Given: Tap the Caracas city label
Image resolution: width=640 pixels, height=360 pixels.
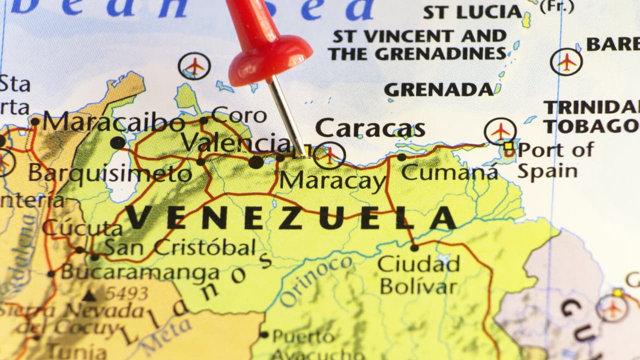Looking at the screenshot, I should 370,128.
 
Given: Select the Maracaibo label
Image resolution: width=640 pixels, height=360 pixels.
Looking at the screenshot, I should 113,122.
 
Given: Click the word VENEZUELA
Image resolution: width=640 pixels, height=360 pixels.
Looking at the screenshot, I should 290,218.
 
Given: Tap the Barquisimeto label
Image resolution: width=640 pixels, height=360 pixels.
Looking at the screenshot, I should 110,173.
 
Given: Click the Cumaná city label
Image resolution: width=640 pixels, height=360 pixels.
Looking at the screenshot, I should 449,172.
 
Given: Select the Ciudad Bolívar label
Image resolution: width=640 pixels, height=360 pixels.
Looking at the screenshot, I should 418,275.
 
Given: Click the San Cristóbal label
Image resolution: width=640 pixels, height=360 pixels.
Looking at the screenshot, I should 180,247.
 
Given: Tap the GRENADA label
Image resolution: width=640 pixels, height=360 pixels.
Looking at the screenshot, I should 438,89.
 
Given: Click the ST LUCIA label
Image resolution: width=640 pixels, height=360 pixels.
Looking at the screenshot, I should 472,12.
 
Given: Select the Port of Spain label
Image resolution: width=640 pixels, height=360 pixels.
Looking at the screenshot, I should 555,160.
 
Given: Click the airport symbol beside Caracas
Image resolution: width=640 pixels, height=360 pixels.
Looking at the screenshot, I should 329,155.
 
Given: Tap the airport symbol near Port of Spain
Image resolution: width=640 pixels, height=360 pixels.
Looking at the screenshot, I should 500,131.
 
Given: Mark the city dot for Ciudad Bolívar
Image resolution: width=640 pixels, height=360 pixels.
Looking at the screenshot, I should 414,247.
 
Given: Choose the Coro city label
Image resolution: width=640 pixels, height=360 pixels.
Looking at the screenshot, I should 239,115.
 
